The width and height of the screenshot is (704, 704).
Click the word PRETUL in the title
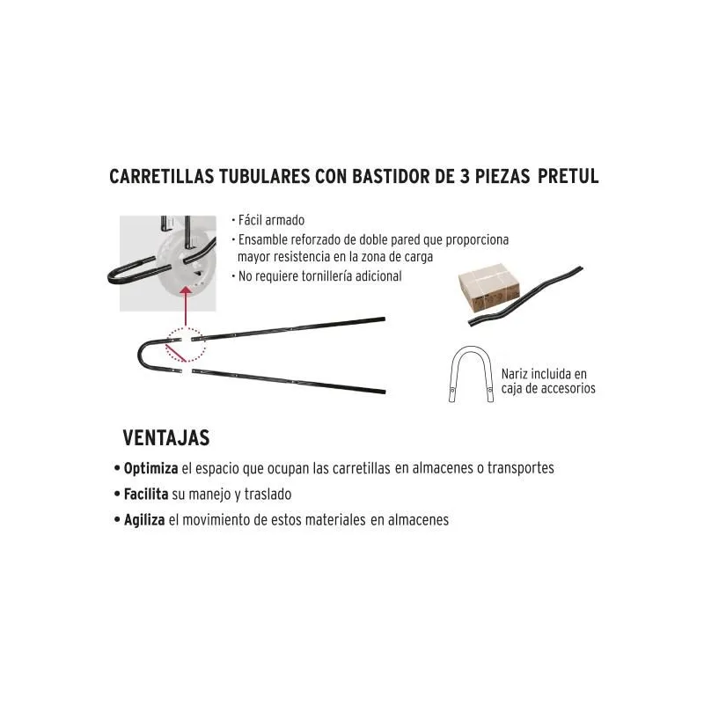568,176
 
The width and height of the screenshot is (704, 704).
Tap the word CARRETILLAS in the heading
162,176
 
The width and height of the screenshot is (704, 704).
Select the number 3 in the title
465,176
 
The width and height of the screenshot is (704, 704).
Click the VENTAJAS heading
166,437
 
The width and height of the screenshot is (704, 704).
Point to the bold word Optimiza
150,469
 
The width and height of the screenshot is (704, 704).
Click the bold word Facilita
146,495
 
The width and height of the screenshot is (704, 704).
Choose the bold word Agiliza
144,520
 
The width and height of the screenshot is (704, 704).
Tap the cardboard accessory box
488,289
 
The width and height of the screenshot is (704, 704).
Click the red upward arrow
186,306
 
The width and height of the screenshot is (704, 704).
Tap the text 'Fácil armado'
271,221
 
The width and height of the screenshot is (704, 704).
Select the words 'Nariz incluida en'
544,374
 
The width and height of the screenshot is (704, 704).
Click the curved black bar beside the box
525,297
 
